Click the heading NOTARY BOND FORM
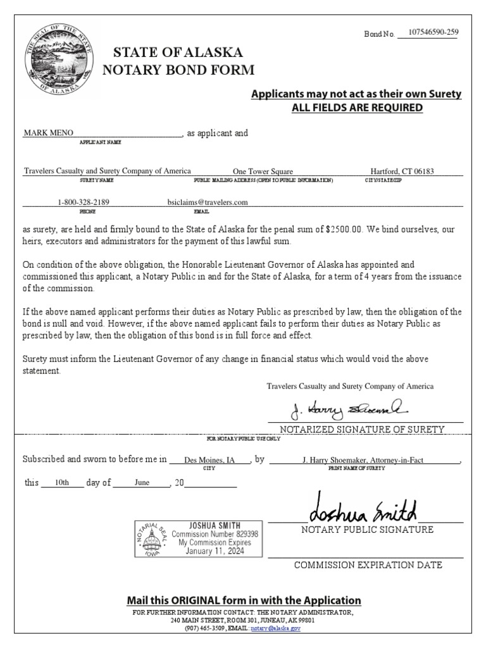tap(184, 70)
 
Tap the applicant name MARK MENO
tap(49, 134)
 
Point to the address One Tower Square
tap(263, 171)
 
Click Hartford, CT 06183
tap(402, 171)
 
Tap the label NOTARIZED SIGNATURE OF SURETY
tap(363, 430)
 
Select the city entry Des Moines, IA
tap(209, 461)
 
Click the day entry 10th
tap(62, 482)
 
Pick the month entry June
tap(142, 482)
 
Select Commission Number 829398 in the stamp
tap(215, 534)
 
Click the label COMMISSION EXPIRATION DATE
tap(368, 565)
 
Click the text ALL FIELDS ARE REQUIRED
tap(357, 108)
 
